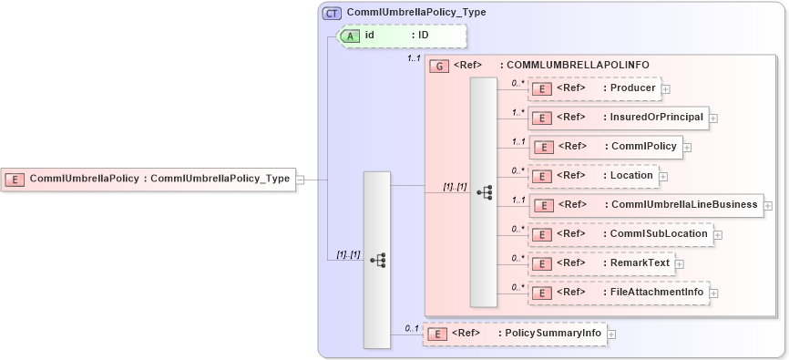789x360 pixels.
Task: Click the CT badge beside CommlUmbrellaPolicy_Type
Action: [x=332, y=13]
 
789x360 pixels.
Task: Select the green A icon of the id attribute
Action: [x=351, y=36]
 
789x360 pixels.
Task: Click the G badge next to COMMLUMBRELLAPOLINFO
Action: [x=439, y=66]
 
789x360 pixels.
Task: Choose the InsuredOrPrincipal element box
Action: [x=619, y=118]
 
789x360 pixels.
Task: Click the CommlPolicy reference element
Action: [x=605, y=146]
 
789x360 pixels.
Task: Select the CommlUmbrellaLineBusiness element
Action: [x=645, y=205]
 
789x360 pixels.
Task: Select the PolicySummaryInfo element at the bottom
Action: [x=515, y=334]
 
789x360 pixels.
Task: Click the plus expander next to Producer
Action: [x=666, y=89]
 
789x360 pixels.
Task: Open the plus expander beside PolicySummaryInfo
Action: [x=611, y=334]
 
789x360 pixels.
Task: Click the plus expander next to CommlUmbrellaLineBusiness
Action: [x=768, y=206]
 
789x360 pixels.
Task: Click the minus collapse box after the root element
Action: [x=300, y=180]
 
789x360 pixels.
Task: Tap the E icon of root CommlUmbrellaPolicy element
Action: [x=15, y=180]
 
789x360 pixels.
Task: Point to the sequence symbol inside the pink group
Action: [x=484, y=191]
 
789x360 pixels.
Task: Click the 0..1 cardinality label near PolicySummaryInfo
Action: [x=412, y=328]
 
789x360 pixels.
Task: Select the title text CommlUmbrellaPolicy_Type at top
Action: [x=415, y=13]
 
